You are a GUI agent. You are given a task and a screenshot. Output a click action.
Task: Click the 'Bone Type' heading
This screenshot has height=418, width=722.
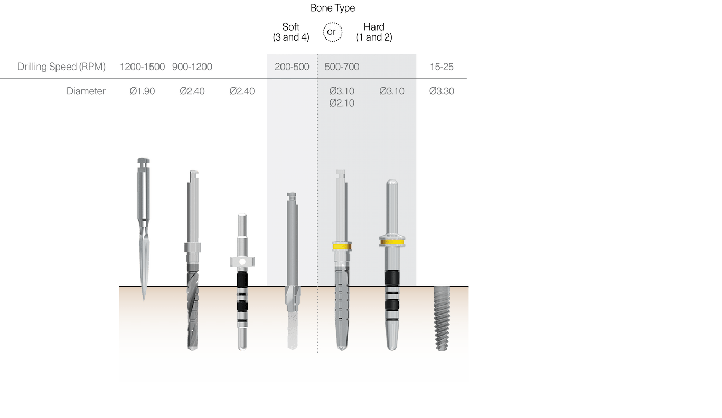point(332,8)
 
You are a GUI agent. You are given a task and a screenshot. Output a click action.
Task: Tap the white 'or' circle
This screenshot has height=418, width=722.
point(332,32)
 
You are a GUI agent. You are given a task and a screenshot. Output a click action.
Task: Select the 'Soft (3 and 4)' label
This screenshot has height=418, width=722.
point(291,32)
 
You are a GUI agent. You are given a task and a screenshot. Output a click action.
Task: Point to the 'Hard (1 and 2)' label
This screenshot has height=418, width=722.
point(374,32)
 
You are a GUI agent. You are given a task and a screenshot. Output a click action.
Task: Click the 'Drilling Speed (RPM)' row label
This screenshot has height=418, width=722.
point(61,67)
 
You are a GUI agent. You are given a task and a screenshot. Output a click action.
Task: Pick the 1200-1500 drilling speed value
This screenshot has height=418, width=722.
point(142,67)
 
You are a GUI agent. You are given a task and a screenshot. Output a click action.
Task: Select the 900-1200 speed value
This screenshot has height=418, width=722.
point(192,67)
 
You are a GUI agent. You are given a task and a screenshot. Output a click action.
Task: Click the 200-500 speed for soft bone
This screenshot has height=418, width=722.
point(292,67)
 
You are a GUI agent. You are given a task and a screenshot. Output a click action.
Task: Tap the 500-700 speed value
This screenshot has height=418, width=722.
point(342,67)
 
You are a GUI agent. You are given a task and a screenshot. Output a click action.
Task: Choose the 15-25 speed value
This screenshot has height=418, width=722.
point(442,67)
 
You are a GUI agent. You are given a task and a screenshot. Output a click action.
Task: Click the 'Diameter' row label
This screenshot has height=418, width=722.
point(86,91)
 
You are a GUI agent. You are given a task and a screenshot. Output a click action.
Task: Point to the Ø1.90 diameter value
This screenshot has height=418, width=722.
point(142,91)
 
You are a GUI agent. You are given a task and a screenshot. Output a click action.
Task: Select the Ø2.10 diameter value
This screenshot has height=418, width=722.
point(342,103)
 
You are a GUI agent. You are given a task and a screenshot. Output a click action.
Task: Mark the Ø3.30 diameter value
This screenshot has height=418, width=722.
point(442,91)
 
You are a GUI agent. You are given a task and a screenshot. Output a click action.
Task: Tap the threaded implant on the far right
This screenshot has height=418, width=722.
point(442,318)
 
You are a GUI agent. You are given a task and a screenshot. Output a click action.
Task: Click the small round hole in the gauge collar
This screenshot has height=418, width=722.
point(242,261)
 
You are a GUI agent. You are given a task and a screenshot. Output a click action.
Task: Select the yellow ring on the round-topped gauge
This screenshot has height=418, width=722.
point(391,242)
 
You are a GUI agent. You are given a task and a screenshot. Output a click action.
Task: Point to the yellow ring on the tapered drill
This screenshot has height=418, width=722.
point(342,246)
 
